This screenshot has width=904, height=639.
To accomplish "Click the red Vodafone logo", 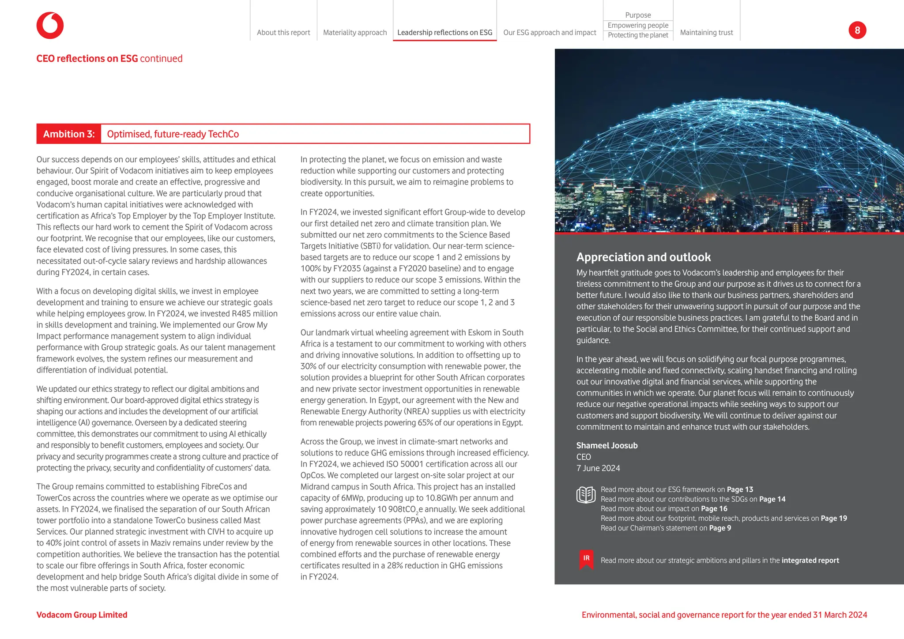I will point(50,26).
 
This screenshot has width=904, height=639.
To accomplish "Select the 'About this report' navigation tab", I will point(283,33).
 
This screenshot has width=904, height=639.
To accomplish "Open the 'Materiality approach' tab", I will point(355,33).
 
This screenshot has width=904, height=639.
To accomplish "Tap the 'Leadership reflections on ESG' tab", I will point(444,33).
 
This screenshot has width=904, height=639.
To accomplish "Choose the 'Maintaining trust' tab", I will point(706,33).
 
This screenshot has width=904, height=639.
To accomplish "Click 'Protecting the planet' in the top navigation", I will point(638,35).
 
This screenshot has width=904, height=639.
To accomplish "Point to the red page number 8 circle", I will point(857,30).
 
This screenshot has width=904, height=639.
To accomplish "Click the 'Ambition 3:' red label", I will point(69,134).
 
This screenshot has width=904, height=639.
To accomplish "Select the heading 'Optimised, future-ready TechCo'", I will point(173,134).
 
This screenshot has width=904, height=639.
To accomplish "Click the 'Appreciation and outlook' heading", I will point(643,257).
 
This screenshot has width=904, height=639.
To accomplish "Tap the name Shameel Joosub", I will point(607,446).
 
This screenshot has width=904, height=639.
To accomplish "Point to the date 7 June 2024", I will point(598,468).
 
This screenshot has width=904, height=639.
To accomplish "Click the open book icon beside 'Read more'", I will point(586,495).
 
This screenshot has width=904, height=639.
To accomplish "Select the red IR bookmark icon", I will point(586,560).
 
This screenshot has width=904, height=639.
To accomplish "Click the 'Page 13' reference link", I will point(740,489).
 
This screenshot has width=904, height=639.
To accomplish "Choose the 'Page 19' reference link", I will point(834,519).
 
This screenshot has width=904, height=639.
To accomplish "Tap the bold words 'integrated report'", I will point(810,560).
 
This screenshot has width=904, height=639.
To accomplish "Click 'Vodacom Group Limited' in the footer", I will point(82,615).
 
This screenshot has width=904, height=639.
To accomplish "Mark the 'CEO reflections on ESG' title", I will point(87,59).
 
